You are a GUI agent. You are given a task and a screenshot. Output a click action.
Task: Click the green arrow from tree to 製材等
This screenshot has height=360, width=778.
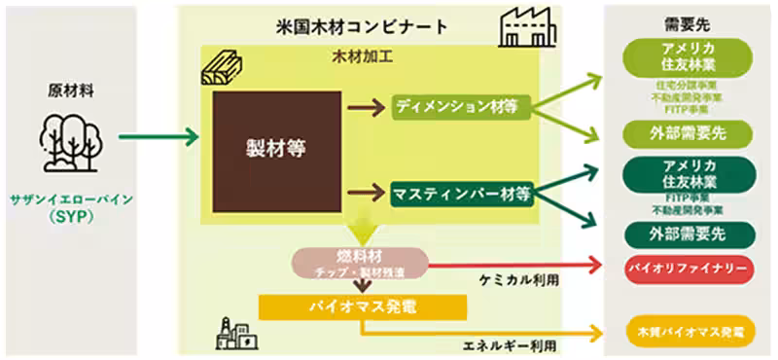[x=156, y=136]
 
